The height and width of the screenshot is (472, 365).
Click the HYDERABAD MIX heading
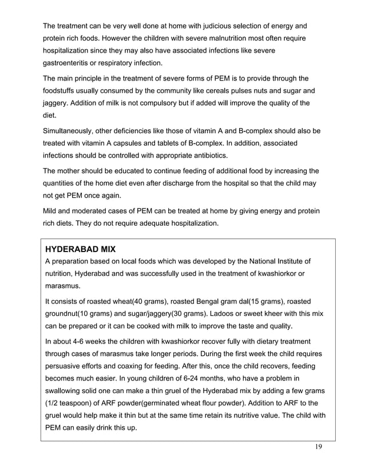pos(80,250)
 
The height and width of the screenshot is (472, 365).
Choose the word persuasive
pos(66,366)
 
